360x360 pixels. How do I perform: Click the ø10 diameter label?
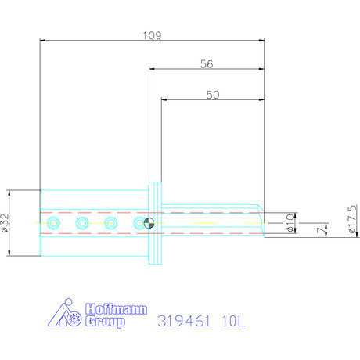pyautogui.click(x=290, y=223)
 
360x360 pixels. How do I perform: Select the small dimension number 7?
pyautogui.click(x=318, y=232)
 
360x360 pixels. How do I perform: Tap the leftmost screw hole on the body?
pyautogui.click(x=52, y=224)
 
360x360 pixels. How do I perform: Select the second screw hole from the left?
pyautogui.click(x=81, y=224)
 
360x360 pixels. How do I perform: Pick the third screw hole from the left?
pyautogui.click(x=111, y=224)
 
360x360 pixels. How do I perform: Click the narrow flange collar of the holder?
pyautogui.click(x=156, y=223)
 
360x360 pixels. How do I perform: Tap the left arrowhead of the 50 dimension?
pyautogui.click(x=164, y=99)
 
